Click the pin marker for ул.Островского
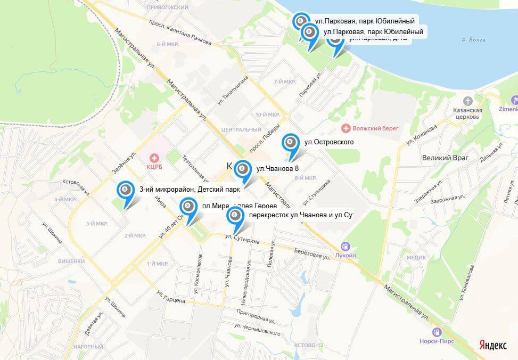(x=290, y=143)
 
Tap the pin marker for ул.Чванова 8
(x=242, y=169)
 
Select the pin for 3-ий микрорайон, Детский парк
(x=126, y=190)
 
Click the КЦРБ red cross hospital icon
(x=154, y=158)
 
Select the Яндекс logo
(x=492, y=345)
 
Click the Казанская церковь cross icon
(x=468, y=101)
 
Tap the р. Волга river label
(x=474, y=39)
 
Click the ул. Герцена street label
(x=170, y=297)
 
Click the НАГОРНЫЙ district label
(x=88, y=347)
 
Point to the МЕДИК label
(x=416, y=257)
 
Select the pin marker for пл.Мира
(x=187, y=207)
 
